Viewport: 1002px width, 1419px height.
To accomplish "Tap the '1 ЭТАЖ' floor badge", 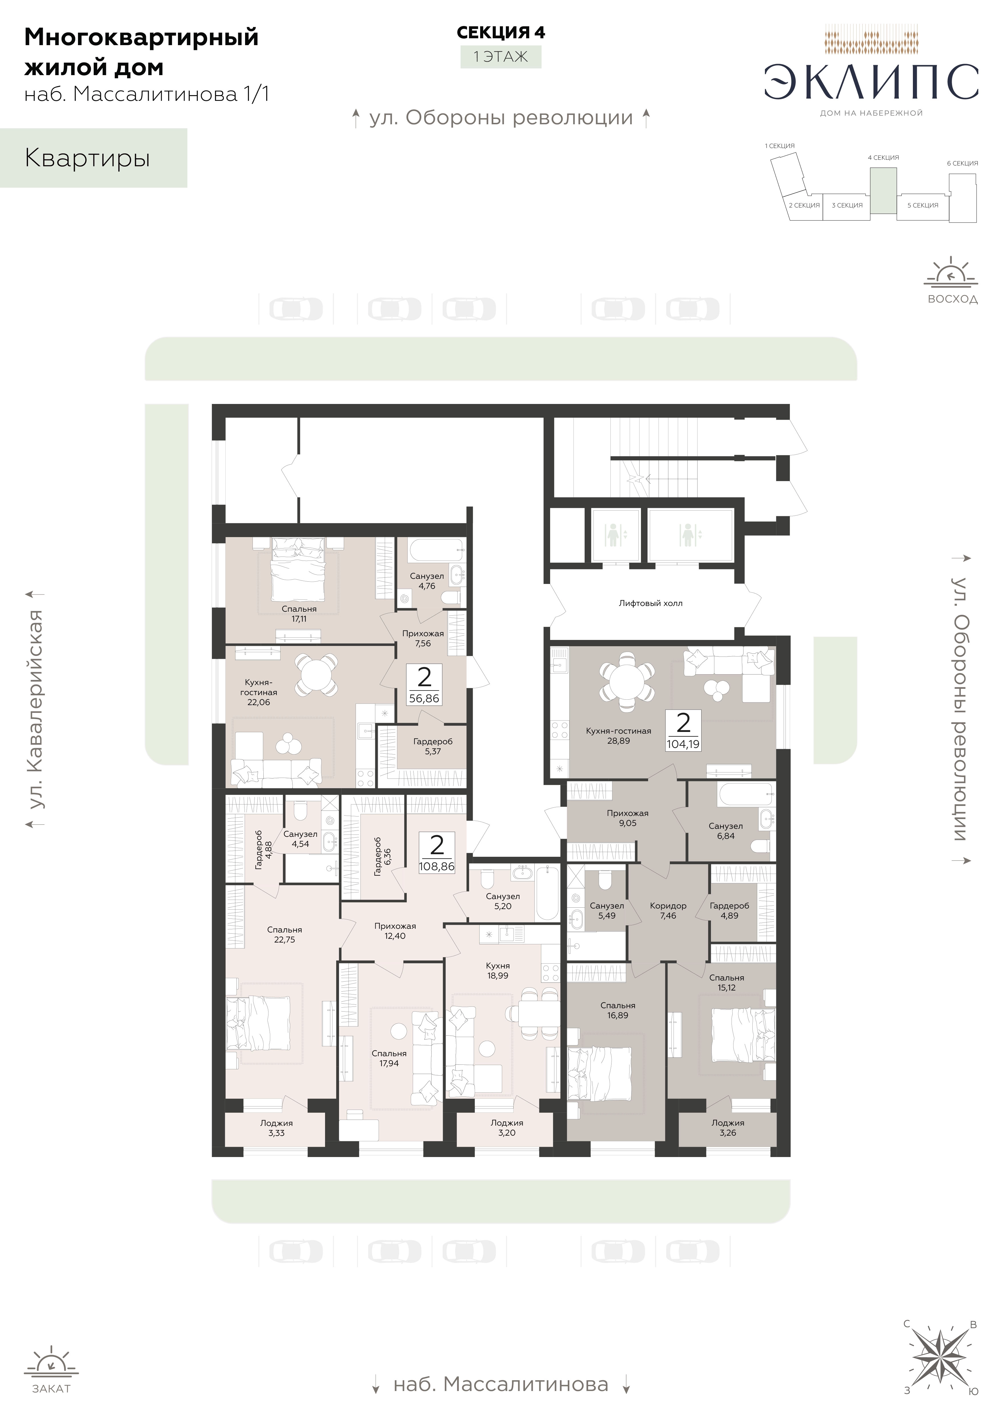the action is pyautogui.click(x=500, y=57).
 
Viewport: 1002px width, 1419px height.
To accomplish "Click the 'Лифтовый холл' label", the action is pyautogui.click(x=650, y=603).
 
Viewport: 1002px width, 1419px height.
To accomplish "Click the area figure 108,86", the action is pyautogui.click(x=437, y=866).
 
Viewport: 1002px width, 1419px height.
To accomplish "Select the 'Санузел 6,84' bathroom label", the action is pyautogui.click(x=726, y=831).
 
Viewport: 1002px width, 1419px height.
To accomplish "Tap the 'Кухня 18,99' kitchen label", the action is pyautogui.click(x=498, y=971).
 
